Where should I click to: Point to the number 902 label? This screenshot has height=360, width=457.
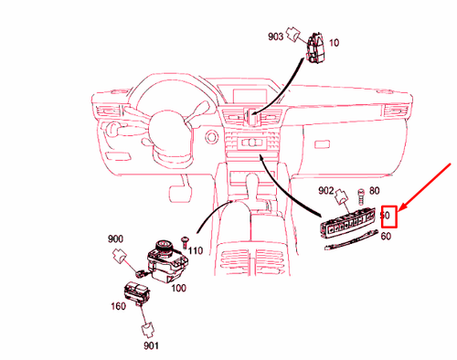click(325, 191)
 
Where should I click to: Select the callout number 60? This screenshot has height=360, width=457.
click(387, 236)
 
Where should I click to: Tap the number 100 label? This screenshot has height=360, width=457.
click(180, 288)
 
